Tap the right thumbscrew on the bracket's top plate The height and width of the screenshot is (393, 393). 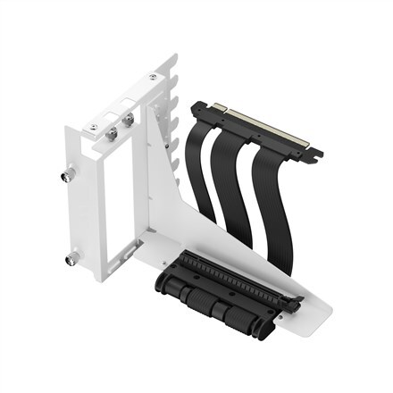(x=130, y=119)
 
